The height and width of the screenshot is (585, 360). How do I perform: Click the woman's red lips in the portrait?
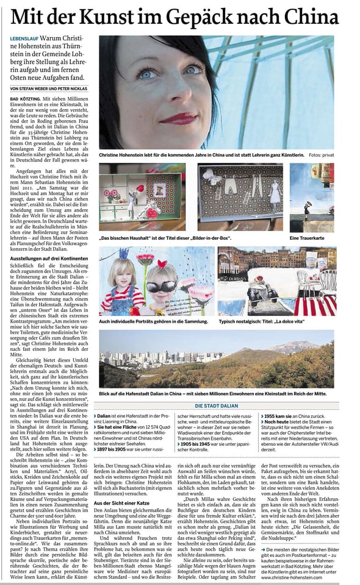(x=178, y=117)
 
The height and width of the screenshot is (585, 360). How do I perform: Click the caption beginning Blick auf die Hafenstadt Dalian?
(x=212, y=394)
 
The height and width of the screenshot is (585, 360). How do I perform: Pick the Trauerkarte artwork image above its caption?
(x=311, y=196)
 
